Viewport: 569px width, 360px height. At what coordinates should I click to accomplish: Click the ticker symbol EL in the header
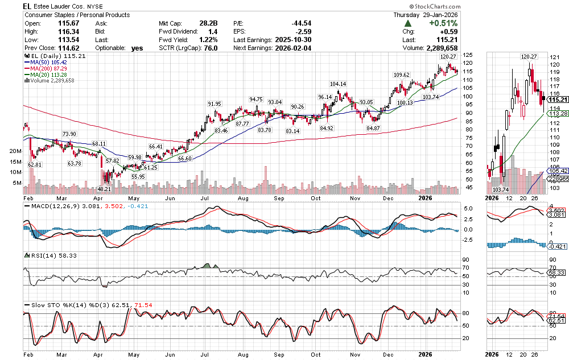27,6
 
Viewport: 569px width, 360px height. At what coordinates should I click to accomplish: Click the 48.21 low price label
104,188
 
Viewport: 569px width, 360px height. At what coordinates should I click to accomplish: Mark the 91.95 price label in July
215,104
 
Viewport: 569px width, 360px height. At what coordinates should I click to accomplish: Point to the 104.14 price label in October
338,84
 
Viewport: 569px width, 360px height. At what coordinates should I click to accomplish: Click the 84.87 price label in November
373,128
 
